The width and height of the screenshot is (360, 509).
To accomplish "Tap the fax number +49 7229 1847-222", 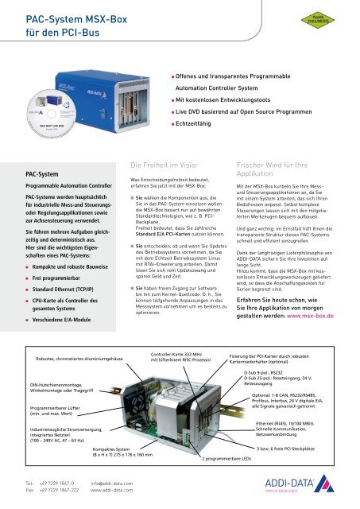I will point(56,492).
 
